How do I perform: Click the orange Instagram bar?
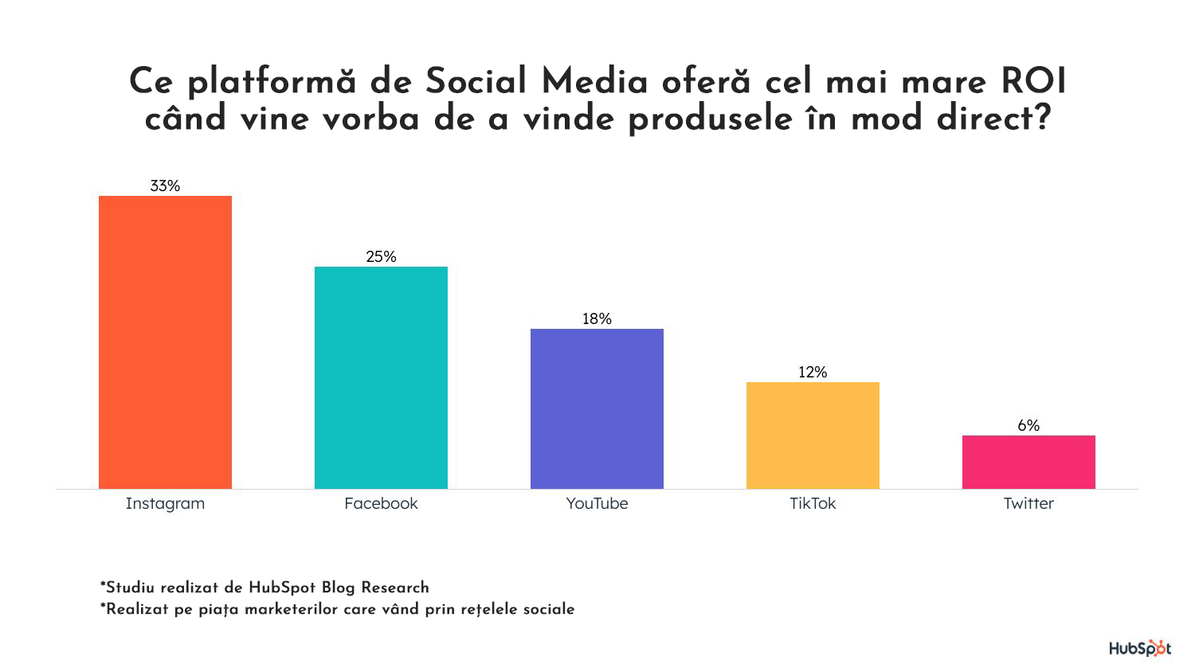point(165,342)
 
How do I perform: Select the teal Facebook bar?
point(381,377)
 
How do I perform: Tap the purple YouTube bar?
point(597,408)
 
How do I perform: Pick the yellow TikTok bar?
point(813,435)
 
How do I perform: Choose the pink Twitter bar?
point(1028,462)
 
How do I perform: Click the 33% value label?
point(165,186)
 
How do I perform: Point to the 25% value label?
point(381,256)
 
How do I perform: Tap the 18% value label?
point(597,318)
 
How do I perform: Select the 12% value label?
point(813,372)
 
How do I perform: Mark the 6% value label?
point(1028,425)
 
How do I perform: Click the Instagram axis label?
point(165,503)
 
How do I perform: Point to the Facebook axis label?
point(381,503)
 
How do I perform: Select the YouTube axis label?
point(597,503)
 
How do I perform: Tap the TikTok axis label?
point(813,503)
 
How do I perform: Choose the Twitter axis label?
point(1028,503)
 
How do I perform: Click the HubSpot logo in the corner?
point(1140,648)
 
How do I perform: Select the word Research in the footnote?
point(395,588)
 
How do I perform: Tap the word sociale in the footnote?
point(547,609)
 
